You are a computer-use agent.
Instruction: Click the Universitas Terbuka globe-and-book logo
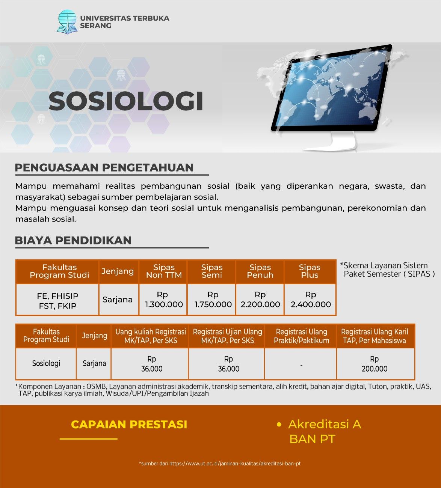[x=66, y=22]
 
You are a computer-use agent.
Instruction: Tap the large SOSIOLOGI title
[x=126, y=101]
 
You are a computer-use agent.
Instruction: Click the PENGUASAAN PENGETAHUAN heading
[x=104, y=168]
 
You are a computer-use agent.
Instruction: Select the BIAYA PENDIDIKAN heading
[x=73, y=240]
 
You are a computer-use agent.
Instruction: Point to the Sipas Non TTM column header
[x=164, y=271]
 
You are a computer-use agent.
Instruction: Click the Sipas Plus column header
[x=310, y=271]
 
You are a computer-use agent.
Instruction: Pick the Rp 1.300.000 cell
[x=164, y=300]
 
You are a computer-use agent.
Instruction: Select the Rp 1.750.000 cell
[x=213, y=300]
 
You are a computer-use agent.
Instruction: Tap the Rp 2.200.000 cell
[x=260, y=300]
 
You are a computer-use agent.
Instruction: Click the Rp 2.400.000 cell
[x=311, y=300]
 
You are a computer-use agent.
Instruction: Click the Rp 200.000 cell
[x=375, y=364]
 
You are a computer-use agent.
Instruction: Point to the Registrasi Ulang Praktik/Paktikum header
[x=302, y=336]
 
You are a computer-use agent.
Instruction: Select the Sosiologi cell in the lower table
[x=46, y=363]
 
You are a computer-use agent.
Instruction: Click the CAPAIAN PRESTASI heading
[x=129, y=425]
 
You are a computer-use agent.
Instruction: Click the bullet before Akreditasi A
[x=279, y=425]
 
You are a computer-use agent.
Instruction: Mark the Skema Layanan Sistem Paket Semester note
[x=387, y=270]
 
